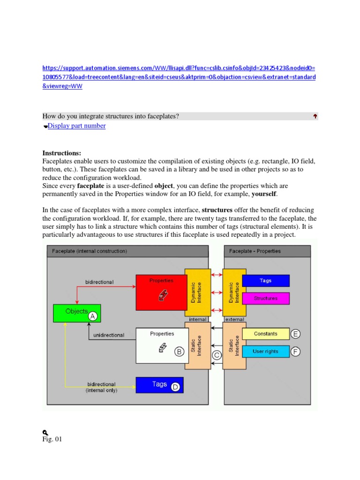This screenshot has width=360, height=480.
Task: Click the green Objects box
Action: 71,313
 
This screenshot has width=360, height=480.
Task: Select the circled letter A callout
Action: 93,316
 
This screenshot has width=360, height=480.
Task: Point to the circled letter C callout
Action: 217,355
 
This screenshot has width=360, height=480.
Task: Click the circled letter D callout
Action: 175,387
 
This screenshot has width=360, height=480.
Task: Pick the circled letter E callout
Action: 295,334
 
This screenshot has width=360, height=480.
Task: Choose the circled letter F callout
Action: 295,351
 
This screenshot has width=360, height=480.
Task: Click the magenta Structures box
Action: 266,298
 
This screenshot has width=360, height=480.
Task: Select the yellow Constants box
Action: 265,334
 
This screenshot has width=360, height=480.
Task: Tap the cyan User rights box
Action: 265,351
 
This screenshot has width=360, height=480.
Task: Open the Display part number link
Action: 76,126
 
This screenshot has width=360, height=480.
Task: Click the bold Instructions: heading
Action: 61,153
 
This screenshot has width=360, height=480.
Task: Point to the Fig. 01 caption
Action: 52,439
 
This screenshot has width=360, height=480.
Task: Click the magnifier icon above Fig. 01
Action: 45,432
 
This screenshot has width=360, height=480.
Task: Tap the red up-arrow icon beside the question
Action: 315,116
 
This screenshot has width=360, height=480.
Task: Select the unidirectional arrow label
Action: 109,335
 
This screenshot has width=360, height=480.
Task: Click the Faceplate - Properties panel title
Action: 255,251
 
